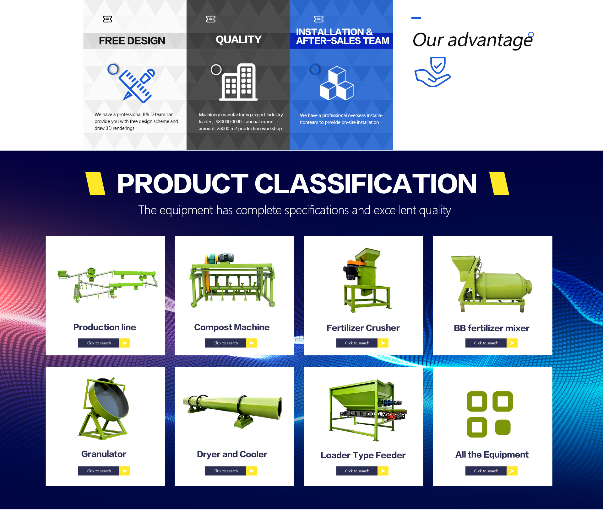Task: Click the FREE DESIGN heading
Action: [132, 41]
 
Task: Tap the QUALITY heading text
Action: [239, 40]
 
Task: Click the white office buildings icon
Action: [238, 82]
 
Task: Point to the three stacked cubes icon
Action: [337, 83]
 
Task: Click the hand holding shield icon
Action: [433, 72]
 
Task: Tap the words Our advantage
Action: [473, 40]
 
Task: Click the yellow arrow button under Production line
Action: [125, 343]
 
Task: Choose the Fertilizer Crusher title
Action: [363, 328]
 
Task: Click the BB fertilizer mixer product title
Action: [492, 328]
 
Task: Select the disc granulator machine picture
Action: [106, 408]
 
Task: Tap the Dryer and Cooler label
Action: [232, 454]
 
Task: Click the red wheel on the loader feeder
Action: [391, 417]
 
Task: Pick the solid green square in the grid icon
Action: [503, 427]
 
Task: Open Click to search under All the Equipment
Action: [486, 471]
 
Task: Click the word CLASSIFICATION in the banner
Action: [366, 184]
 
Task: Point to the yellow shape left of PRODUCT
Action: [95, 184]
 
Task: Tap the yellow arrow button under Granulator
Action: [125, 471]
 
